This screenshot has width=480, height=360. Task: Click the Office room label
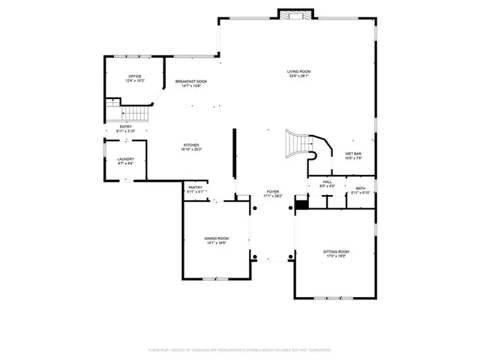click(x=135, y=76)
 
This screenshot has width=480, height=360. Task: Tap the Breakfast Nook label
click(x=191, y=81)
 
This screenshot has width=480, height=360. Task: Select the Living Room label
click(x=298, y=71)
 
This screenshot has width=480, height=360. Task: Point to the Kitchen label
click(x=192, y=145)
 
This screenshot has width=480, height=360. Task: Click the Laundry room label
click(x=125, y=159)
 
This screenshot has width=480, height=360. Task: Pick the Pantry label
click(x=195, y=187)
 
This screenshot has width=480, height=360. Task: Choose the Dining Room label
click(x=216, y=238)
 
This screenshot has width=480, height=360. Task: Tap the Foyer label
click(x=271, y=192)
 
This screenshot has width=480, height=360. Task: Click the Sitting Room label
click(x=336, y=251)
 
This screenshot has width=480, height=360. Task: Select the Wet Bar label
click(x=353, y=154)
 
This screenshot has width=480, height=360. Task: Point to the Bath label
click(x=361, y=188)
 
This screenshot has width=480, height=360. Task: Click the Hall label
click(x=328, y=182)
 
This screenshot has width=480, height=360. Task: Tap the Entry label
click(x=125, y=127)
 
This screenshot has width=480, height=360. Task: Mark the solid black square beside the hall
click(x=301, y=203)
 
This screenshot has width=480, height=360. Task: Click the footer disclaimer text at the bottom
click(x=240, y=349)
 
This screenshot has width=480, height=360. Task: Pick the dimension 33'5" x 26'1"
click(x=298, y=76)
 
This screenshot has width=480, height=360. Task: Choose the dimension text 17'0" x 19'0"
click(x=336, y=256)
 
